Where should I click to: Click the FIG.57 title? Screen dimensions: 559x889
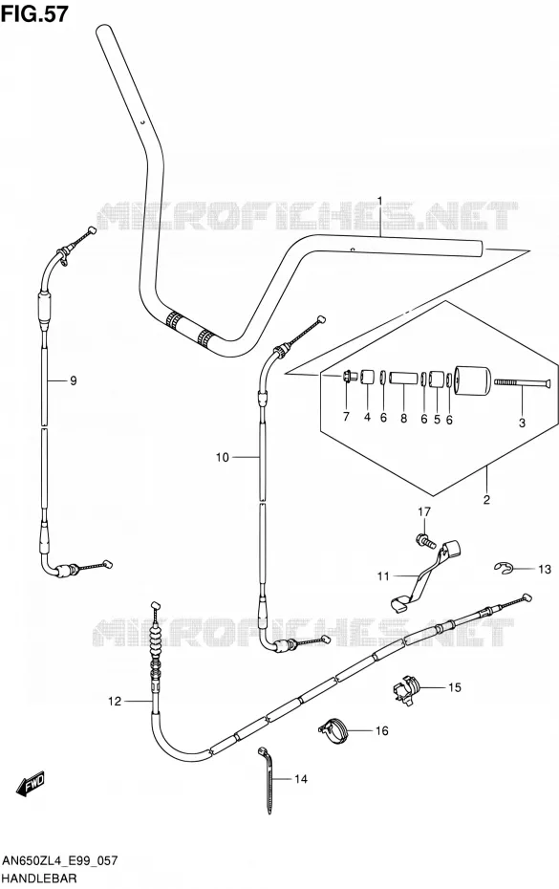pyautogui.click(x=34, y=13)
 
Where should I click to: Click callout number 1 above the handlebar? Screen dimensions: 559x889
pyautogui.click(x=380, y=201)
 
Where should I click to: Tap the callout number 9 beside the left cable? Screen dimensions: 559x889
pyautogui.click(x=74, y=381)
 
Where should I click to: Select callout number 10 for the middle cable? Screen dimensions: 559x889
pyautogui.click(x=223, y=457)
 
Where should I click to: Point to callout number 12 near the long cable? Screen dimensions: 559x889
pyautogui.click(x=115, y=702)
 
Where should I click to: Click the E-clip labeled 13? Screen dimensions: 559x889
pyautogui.click(x=503, y=568)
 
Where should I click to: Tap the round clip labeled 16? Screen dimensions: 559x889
pyautogui.click(x=336, y=729)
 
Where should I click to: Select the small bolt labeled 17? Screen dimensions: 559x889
pyautogui.click(x=425, y=540)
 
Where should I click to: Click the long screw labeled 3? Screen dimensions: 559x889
pyautogui.click(x=523, y=383)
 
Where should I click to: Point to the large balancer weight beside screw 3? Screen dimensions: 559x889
pyautogui.click(x=472, y=382)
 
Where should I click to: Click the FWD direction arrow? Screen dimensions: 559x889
pyautogui.click(x=31, y=784)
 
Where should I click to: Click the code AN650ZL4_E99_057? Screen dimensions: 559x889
pyautogui.click(x=59, y=861)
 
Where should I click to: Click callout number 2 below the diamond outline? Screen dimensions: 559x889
pyautogui.click(x=486, y=500)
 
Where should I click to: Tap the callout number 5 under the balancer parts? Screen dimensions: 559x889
pyautogui.click(x=437, y=419)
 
